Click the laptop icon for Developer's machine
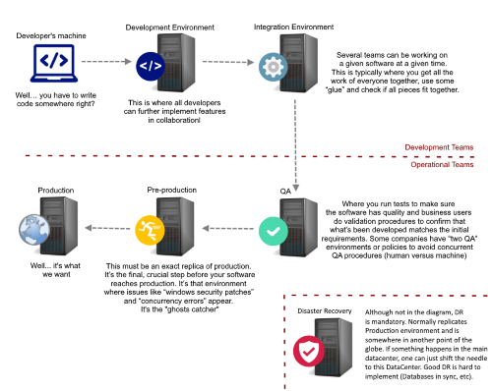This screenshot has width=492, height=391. pyautogui.click(x=54, y=63)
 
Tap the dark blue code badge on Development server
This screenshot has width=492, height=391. pyautogui.click(x=151, y=66)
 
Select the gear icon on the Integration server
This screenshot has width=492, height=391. pyautogui.click(x=274, y=67)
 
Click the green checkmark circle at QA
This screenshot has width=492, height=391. pyautogui.click(x=274, y=231)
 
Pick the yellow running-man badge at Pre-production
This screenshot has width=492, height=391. pyautogui.click(x=150, y=230)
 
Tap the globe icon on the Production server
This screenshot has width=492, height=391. pyautogui.click(x=34, y=230)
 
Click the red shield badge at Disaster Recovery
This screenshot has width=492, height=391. pyautogui.click(x=309, y=351)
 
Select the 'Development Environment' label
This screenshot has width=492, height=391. pyautogui.click(x=170, y=28)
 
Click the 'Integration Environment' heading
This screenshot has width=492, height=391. pyautogui.click(x=293, y=27)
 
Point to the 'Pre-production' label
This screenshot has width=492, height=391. pyautogui.click(x=172, y=190)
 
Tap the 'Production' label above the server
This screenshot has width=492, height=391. pyautogui.click(x=56, y=191)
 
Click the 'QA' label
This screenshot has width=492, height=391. pyautogui.click(x=285, y=192)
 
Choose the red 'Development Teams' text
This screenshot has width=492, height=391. pyautogui.click(x=439, y=147)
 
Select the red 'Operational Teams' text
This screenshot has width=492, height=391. pyautogui.click(x=442, y=164)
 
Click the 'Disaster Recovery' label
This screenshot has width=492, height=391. pyautogui.click(x=325, y=311)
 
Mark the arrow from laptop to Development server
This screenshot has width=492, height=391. pyautogui.click(x=106, y=61)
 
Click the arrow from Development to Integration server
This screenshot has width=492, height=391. pyautogui.click(x=228, y=62)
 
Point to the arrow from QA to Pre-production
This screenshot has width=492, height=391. pyautogui.click(x=228, y=228)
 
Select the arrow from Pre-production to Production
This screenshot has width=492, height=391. pyautogui.click(x=107, y=228)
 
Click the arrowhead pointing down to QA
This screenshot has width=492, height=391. pyautogui.click(x=295, y=188)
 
